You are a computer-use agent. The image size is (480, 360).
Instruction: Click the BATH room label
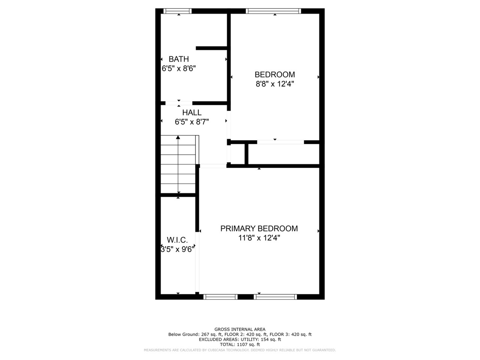click(178, 59)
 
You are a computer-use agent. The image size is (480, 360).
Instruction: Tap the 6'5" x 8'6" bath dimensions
click(179, 69)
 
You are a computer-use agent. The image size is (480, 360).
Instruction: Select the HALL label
click(192, 112)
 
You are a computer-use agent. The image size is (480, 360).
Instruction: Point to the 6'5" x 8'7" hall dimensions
click(192, 122)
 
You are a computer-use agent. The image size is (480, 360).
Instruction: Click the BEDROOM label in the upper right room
click(274, 75)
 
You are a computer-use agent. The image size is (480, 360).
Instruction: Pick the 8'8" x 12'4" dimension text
click(274, 84)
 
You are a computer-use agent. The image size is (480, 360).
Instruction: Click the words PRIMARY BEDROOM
click(259, 228)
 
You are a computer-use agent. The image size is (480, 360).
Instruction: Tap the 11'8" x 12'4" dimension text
click(259, 238)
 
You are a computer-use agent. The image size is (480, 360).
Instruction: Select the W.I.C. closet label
click(177, 240)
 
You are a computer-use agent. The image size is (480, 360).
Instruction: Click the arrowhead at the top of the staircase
click(178, 138)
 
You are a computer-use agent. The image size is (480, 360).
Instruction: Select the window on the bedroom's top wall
click(273, 11)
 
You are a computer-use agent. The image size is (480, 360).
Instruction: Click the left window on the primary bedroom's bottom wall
click(220, 297)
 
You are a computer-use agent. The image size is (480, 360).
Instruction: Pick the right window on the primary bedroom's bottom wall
click(275, 297)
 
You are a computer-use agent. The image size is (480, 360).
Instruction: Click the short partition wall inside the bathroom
click(211, 48)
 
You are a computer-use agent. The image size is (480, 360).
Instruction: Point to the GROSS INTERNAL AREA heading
click(240, 329)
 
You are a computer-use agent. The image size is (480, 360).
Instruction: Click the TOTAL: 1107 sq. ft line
click(240, 344)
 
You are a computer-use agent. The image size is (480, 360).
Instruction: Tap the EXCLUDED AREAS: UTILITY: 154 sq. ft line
click(240, 339)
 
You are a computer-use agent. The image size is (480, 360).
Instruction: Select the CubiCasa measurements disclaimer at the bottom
click(240, 350)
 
